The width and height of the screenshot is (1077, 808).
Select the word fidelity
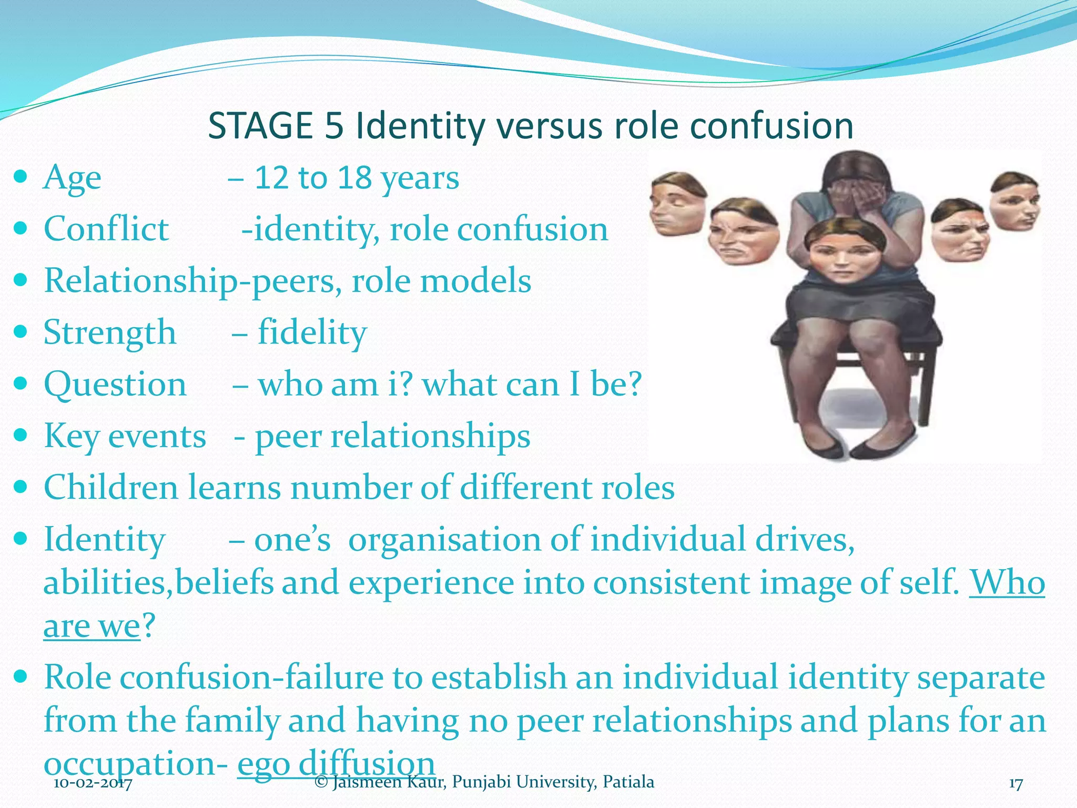[x=312, y=332]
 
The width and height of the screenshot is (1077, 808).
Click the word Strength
[x=109, y=332]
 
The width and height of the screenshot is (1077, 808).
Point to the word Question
[x=115, y=384]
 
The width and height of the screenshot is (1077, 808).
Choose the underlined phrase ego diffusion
[x=336, y=762]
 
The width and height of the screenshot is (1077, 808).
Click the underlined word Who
[x=1007, y=582]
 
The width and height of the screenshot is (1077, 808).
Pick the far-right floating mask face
[x=1016, y=201]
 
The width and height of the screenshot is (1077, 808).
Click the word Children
[x=111, y=487]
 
